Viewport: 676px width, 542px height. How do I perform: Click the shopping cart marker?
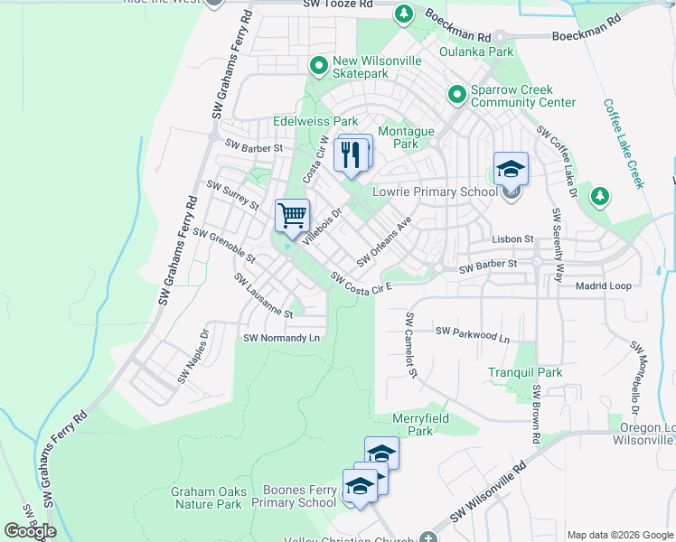pyautogui.click(x=292, y=216)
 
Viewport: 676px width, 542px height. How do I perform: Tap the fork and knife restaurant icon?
pyautogui.click(x=351, y=154)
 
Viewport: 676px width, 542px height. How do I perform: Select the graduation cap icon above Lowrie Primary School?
pyautogui.click(x=511, y=169)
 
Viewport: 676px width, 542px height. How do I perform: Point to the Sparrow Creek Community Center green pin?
pyautogui.click(x=457, y=94)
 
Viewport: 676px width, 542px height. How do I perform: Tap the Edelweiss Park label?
pyautogui.click(x=315, y=121)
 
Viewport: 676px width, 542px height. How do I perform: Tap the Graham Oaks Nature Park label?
pyautogui.click(x=206, y=498)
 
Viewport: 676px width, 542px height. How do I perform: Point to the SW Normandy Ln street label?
pyautogui.click(x=282, y=338)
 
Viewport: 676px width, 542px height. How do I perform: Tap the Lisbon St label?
pyautogui.click(x=513, y=238)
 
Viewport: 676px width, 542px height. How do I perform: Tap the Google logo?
pyautogui.click(x=30, y=531)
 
